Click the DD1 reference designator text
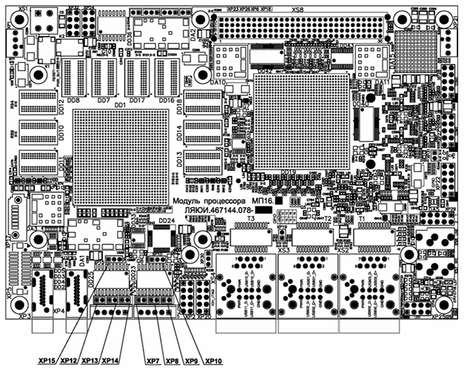pyautogui.click(x=120, y=106)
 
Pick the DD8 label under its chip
pyautogui.click(x=74, y=100)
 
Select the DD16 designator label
pyautogui.click(x=167, y=100)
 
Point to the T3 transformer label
pyautogui.click(x=251, y=219)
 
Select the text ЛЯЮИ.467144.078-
pyautogui.click(x=217, y=210)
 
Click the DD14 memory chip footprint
pyautogui.click(x=203, y=133)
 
